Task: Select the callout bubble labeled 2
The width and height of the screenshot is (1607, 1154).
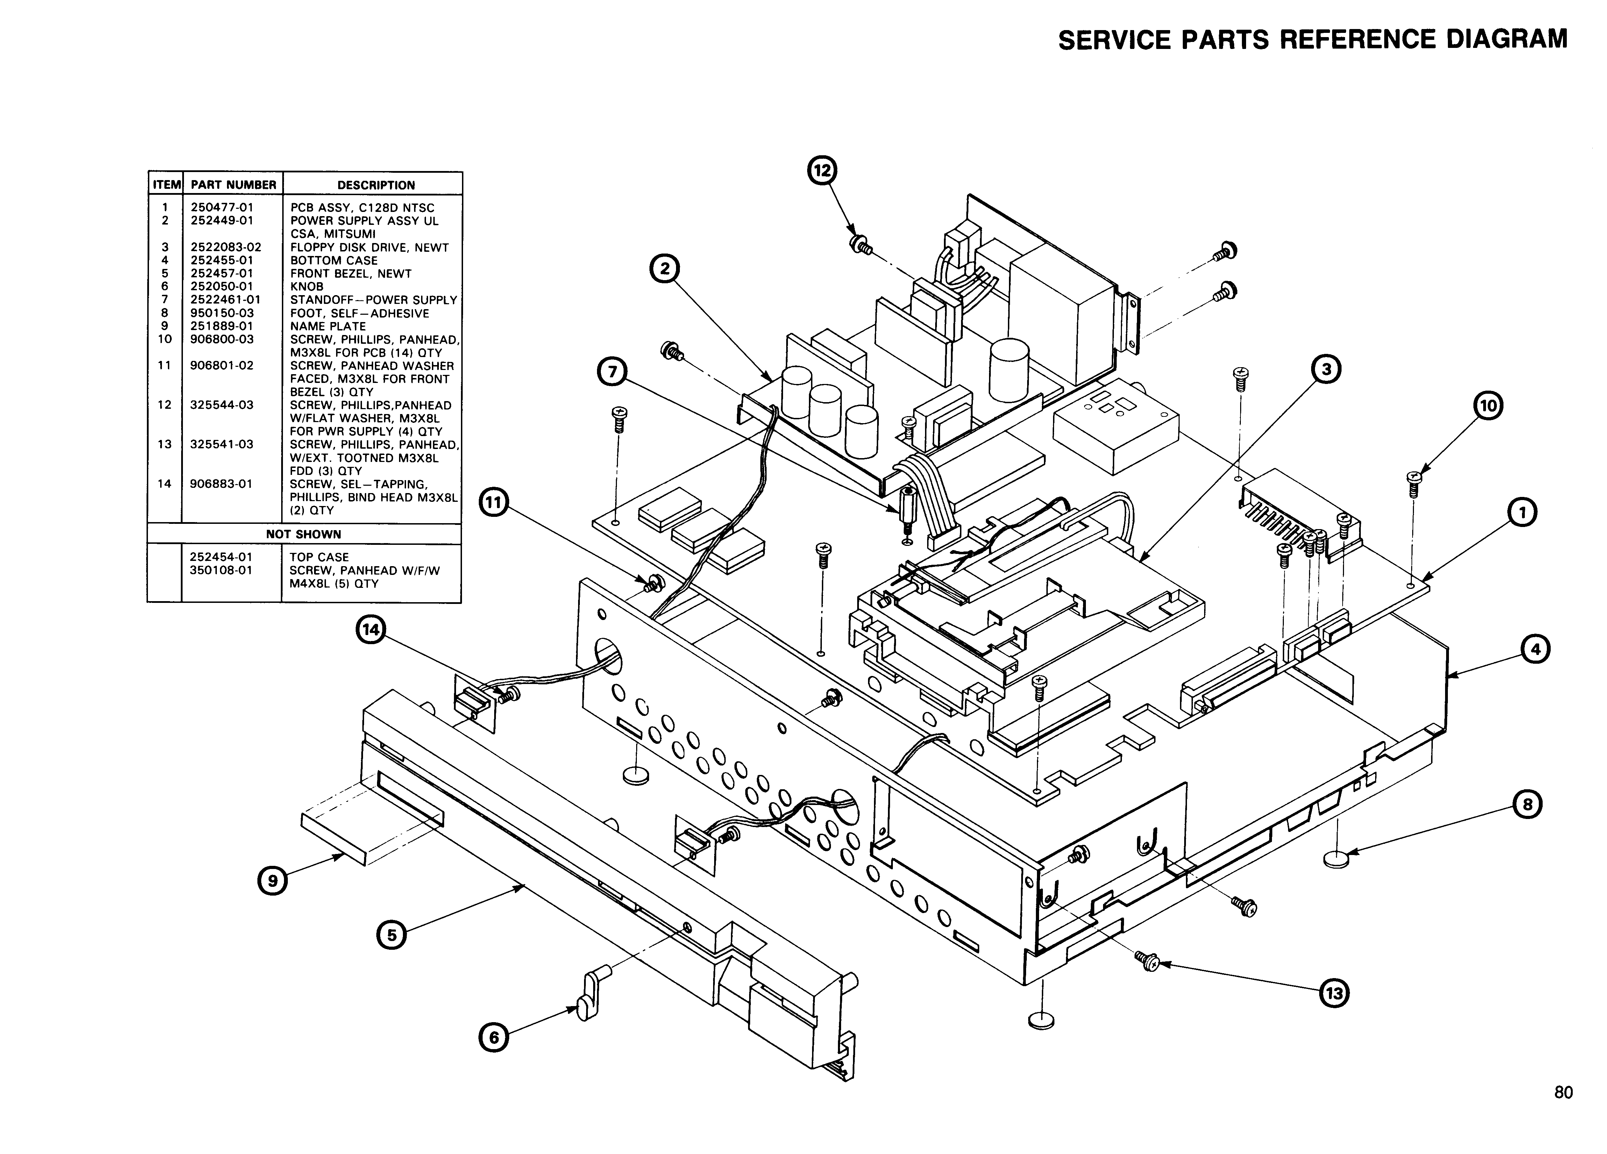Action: [664, 269]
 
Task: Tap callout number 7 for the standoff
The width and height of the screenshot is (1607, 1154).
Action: [611, 371]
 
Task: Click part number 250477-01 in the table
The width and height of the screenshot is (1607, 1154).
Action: [222, 208]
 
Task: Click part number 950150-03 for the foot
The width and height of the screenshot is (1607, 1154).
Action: [222, 313]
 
